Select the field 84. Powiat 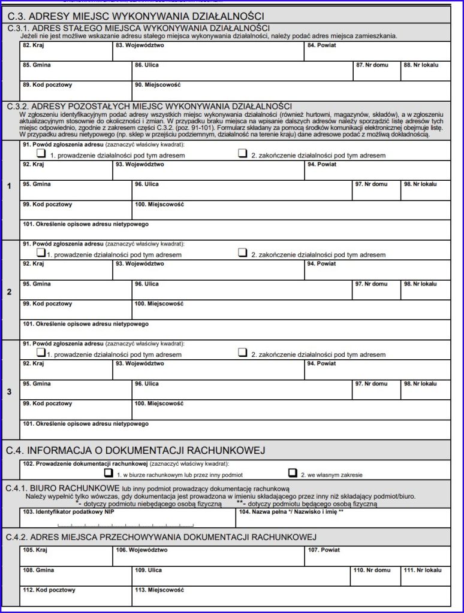pyautogui.click(x=377, y=52)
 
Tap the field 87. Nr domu pyautogui.click(x=376, y=72)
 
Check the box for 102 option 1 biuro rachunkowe pyautogui.click(x=109, y=473)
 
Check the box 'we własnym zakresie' pyautogui.click(x=292, y=473)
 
